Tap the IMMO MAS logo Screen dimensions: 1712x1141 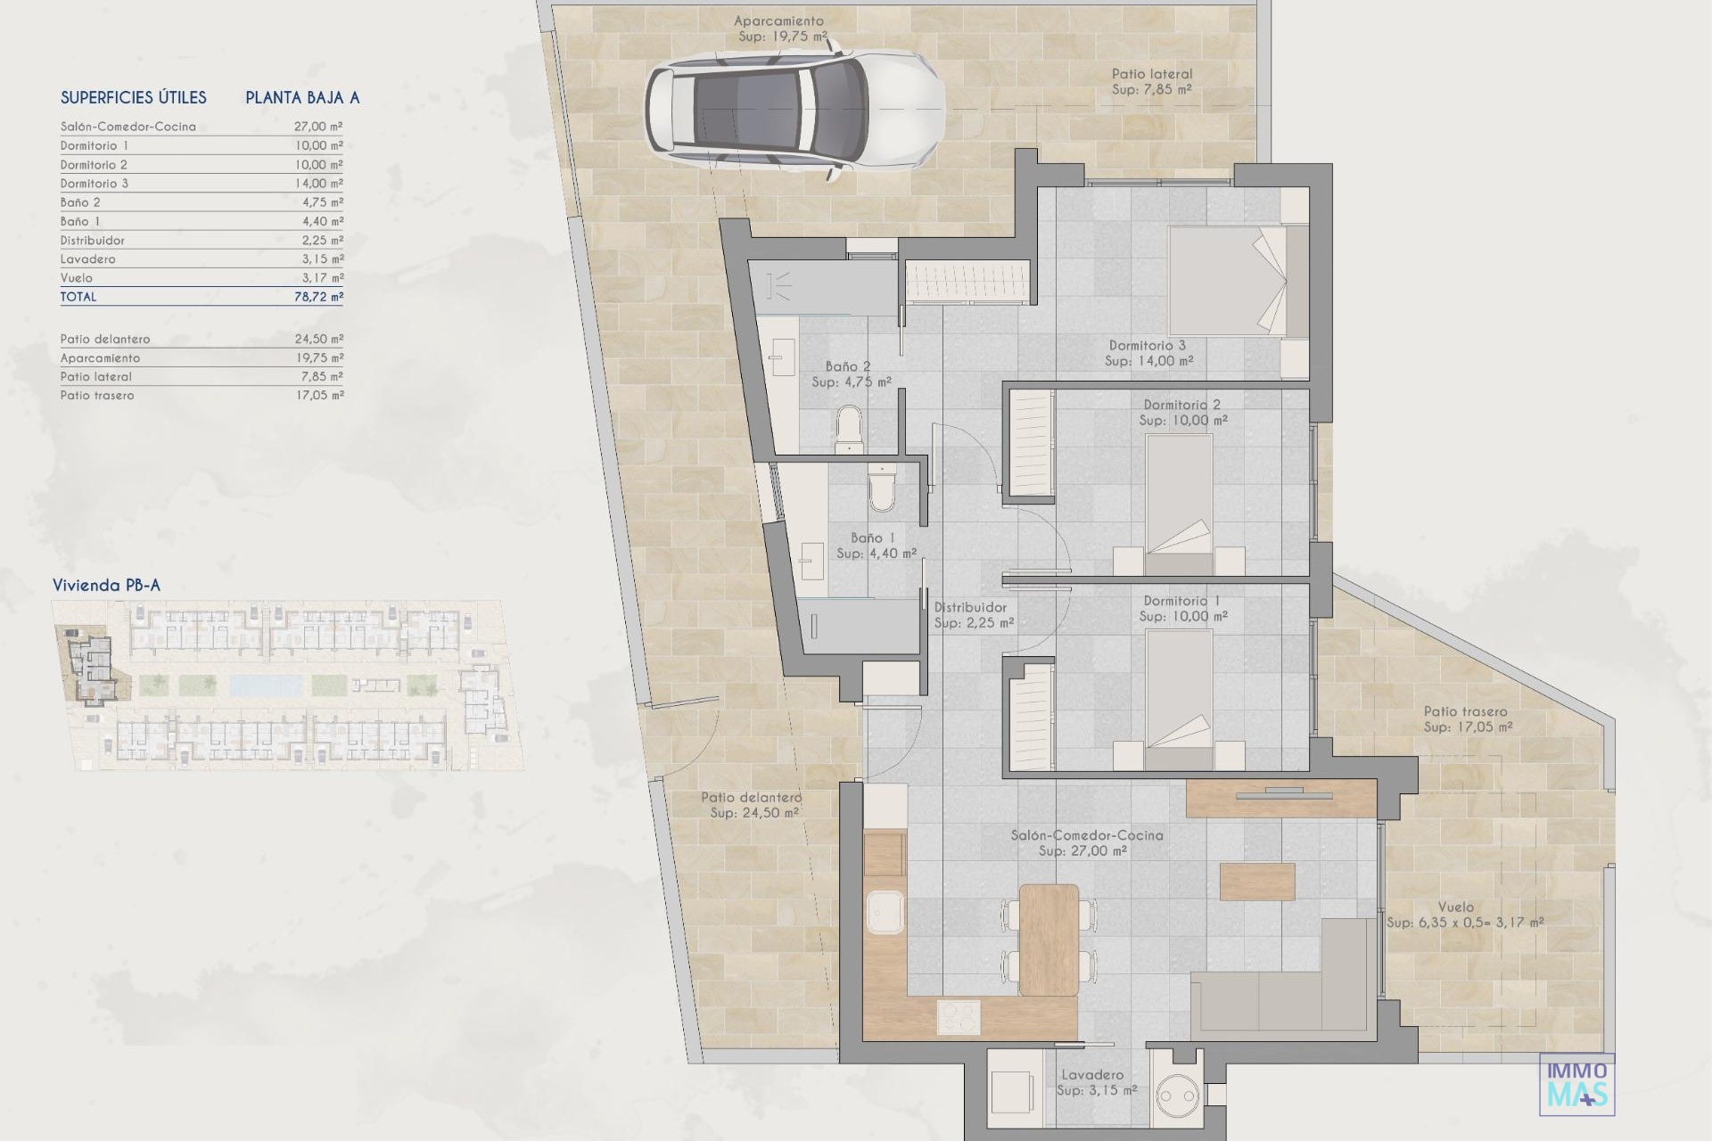coord(1576,1084)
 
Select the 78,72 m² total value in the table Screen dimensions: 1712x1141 coord(318,297)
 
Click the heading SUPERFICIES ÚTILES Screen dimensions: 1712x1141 coord(134,98)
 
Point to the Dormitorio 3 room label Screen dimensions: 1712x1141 coord(1148,346)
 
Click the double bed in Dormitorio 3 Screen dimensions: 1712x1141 coord(1238,280)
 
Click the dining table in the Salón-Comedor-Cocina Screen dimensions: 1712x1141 coord(1049,940)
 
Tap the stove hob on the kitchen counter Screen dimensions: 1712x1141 coord(959,1017)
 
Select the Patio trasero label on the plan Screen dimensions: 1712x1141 coord(1465,711)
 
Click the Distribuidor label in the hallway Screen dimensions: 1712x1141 coord(970,608)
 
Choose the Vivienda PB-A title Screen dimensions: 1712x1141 coord(106,586)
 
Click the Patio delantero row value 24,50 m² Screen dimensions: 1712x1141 coord(318,339)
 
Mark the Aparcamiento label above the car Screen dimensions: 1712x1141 coord(779,21)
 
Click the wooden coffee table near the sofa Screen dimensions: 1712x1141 coord(1257,882)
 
